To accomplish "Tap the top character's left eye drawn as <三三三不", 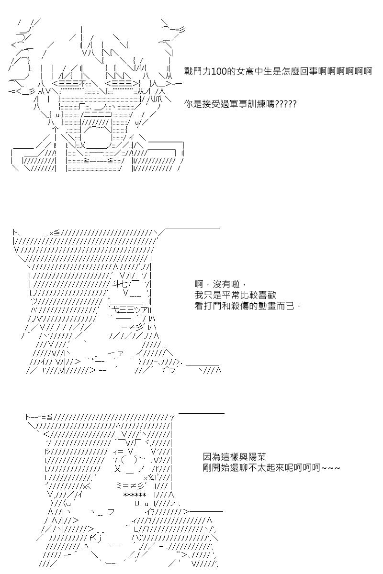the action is [68, 84].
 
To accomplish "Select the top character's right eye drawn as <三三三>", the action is [122, 84].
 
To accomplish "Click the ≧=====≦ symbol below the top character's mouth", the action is [98, 161].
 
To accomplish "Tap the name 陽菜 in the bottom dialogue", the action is [257, 456].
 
